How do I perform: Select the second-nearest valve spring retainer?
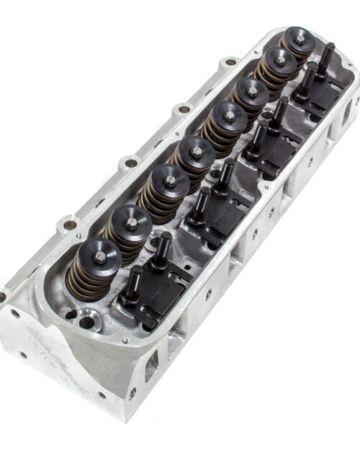click(132, 221)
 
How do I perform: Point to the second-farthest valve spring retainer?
click(279, 60)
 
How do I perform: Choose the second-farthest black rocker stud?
click(310, 72)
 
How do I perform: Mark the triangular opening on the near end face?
click(151, 371)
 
